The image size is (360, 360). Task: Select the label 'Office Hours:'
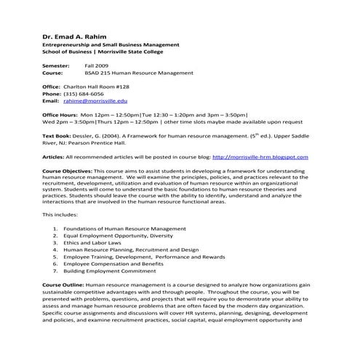tap(60, 115)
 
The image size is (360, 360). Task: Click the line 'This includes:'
tap(59, 215)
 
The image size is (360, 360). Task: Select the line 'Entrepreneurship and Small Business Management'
tap(111, 45)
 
